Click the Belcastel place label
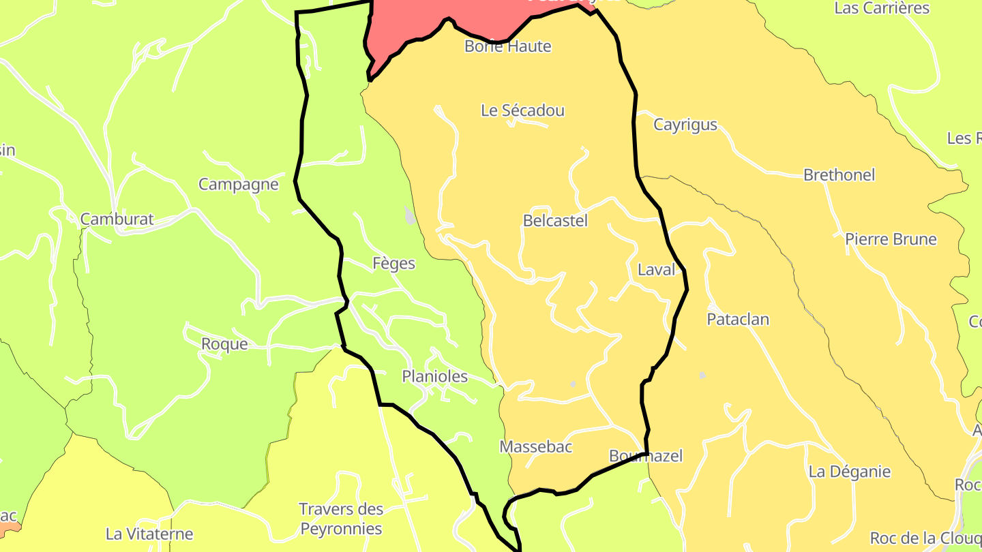(555, 221)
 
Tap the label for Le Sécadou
(522, 110)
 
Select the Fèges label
(393, 263)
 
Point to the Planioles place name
(434, 376)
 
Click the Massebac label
(535, 447)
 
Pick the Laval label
(656, 270)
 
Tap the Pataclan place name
(738, 320)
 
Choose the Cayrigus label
(685, 125)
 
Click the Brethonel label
(839, 175)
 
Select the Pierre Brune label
(891, 240)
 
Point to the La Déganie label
(849, 472)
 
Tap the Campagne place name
(238, 185)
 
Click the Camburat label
(117, 219)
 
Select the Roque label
(224, 344)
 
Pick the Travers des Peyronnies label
(341, 519)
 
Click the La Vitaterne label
(149, 534)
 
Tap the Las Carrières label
(882, 9)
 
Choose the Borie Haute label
(507, 46)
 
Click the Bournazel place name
(645, 456)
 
